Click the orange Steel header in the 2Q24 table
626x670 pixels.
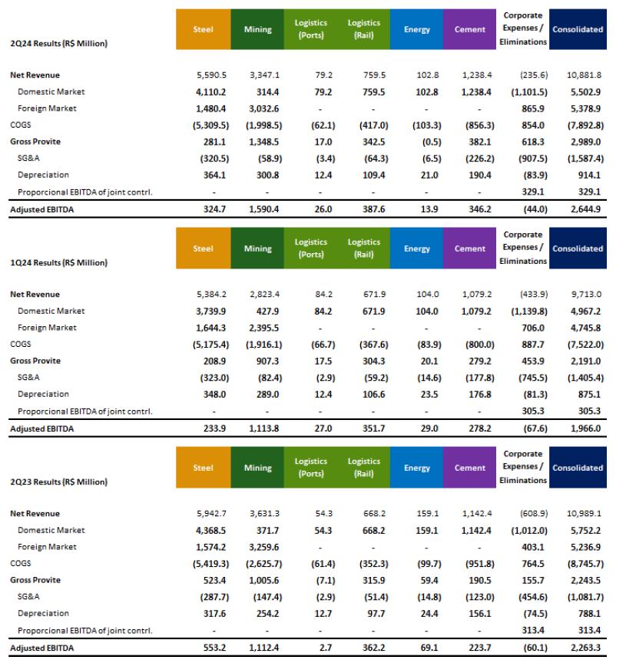pos(204,30)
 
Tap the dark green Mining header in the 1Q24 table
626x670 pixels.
pos(258,249)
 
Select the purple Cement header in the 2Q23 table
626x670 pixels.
pos(470,468)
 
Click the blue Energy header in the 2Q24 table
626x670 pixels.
pos(416,30)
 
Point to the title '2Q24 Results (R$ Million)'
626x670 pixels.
pos(58,44)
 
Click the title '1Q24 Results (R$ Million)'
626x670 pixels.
pos(58,263)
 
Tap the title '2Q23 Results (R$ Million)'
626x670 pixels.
pos(58,482)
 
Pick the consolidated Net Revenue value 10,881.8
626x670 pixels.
pos(585,75)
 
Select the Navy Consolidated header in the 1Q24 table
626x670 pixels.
pos(578,249)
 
